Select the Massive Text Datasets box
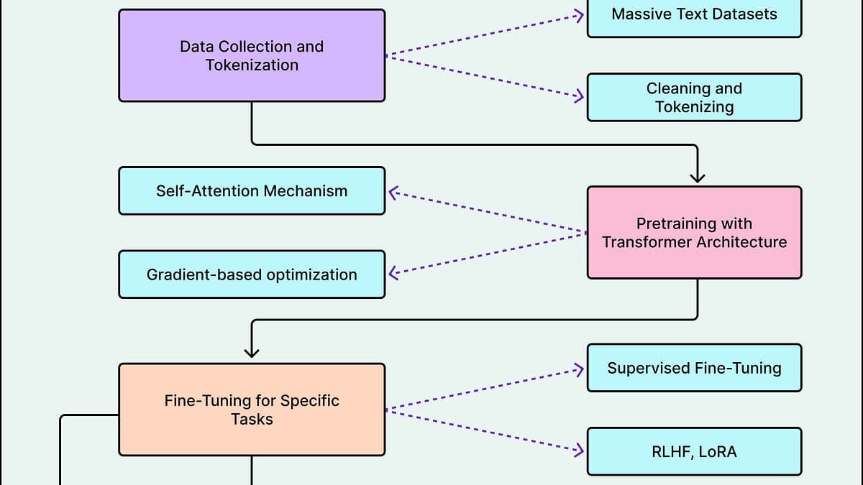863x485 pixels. [x=694, y=14]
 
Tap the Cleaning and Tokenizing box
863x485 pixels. [x=694, y=97]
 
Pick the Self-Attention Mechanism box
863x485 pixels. [x=252, y=190]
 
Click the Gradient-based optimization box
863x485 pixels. [x=252, y=274]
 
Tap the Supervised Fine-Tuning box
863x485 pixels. [x=694, y=368]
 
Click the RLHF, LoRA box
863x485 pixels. [x=694, y=451]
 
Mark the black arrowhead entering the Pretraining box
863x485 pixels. [x=698, y=177]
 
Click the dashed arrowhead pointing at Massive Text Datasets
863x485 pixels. [x=579, y=14]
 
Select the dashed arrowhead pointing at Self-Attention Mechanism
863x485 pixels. [x=393, y=192]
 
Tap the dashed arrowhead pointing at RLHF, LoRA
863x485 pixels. [x=579, y=451]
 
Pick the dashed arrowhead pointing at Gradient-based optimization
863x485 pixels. [x=393, y=273]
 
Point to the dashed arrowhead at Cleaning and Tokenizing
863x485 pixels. [x=579, y=97]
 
